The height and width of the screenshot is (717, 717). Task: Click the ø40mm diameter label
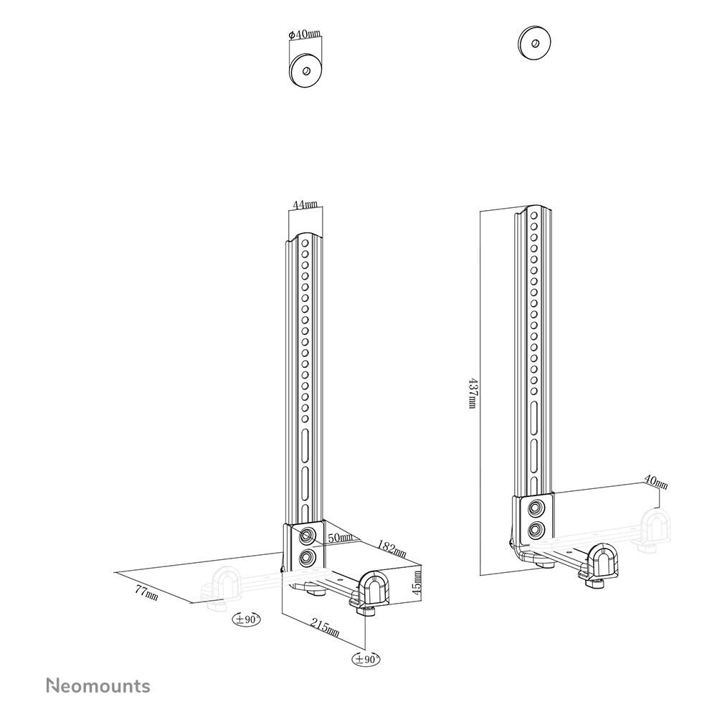pos(305,34)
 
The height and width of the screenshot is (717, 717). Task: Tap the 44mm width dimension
pos(305,204)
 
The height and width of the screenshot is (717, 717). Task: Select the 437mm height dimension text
pos(471,394)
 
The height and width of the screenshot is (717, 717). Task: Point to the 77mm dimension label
pos(147,594)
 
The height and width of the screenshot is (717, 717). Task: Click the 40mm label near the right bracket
pos(655,483)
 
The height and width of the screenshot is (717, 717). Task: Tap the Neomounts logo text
pos(98,685)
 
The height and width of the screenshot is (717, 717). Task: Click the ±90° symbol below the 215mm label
pos(366,658)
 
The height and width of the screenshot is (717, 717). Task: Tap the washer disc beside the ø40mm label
pos(306,70)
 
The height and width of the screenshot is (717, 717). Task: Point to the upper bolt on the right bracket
pos(536,509)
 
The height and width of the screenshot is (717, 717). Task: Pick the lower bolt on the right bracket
pos(535,531)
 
